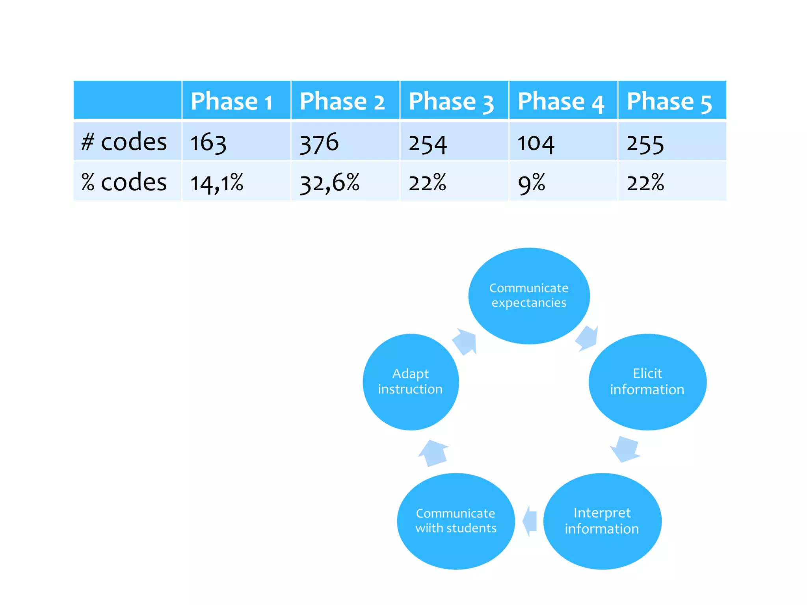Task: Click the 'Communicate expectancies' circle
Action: click(529, 296)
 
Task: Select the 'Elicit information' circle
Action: click(647, 382)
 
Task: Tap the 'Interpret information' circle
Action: click(602, 521)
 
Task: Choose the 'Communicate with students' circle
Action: click(456, 521)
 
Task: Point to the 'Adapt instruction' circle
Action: click(411, 382)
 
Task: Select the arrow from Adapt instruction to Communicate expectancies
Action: click(465, 341)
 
